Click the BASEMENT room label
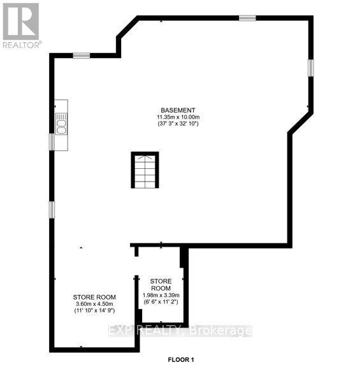click(x=178, y=110)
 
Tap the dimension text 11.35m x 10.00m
click(x=178, y=117)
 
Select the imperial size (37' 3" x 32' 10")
click(x=178, y=124)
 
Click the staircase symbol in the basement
click(x=144, y=170)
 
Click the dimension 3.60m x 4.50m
click(x=94, y=305)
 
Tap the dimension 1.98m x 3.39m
click(x=161, y=295)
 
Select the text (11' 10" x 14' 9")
click(x=94, y=312)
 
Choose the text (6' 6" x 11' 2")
click(x=161, y=302)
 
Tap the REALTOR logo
click(x=22, y=25)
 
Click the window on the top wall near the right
click(x=247, y=18)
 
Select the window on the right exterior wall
click(x=311, y=68)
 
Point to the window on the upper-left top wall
click(x=81, y=56)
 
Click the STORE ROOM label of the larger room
click(x=94, y=297)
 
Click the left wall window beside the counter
click(x=52, y=141)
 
